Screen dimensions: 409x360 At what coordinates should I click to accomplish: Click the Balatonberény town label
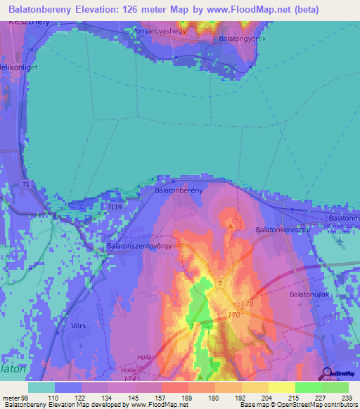tap(179, 190)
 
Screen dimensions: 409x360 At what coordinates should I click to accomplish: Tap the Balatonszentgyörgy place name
tap(140, 247)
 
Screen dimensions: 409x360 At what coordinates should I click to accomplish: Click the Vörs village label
tap(79, 326)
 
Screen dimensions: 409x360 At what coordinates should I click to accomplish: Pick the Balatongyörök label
tap(243, 39)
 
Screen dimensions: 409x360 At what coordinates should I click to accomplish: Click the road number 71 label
tap(25, 184)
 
